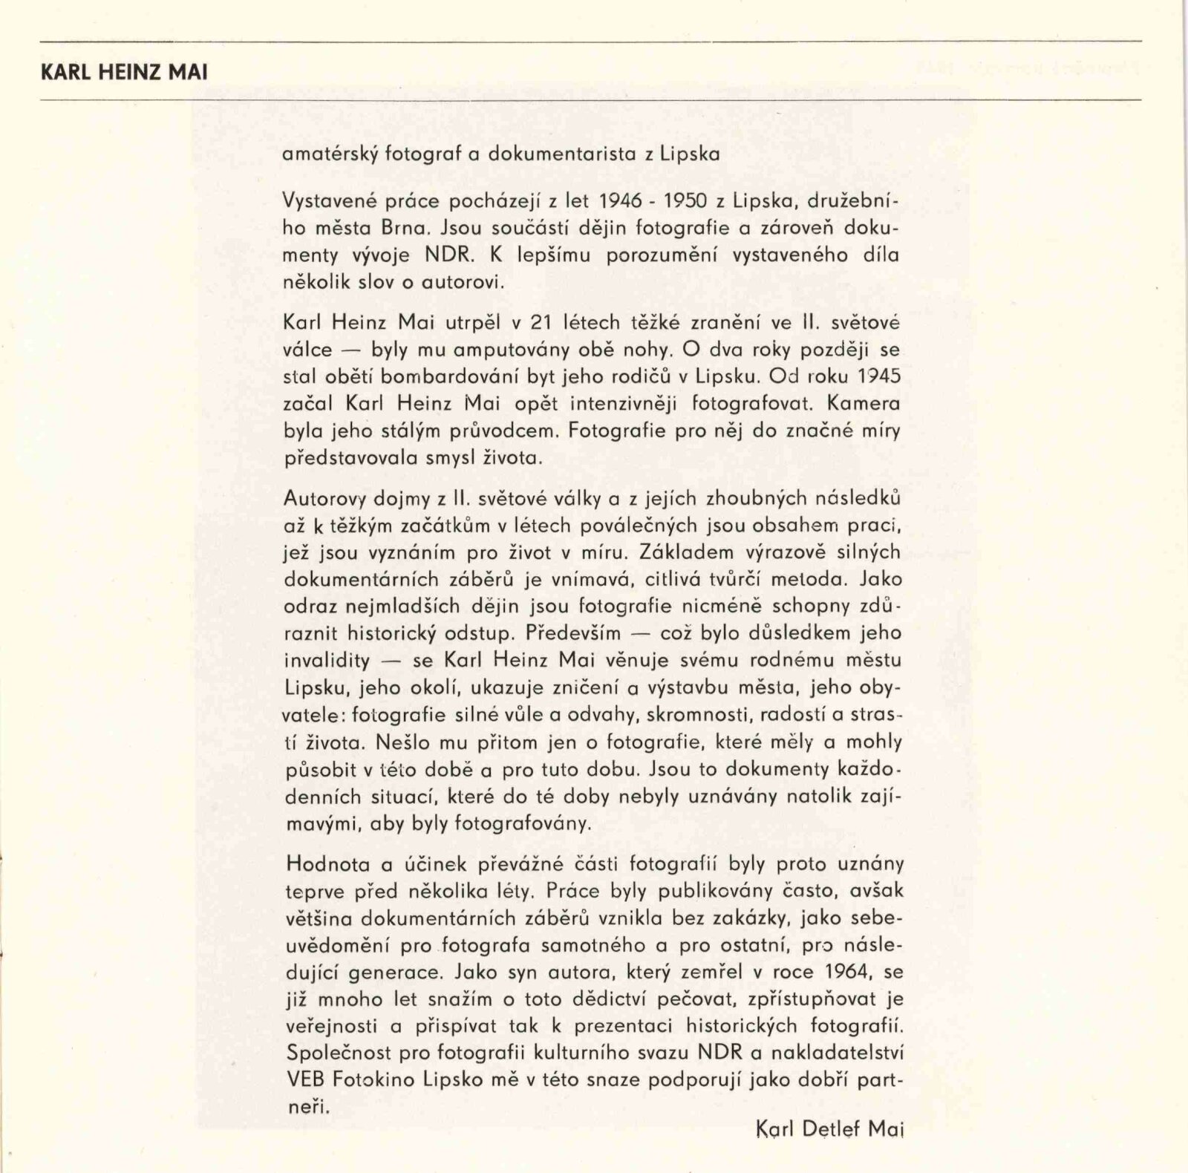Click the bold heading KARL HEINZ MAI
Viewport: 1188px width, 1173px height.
(124, 73)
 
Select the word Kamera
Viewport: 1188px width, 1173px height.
(863, 404)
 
